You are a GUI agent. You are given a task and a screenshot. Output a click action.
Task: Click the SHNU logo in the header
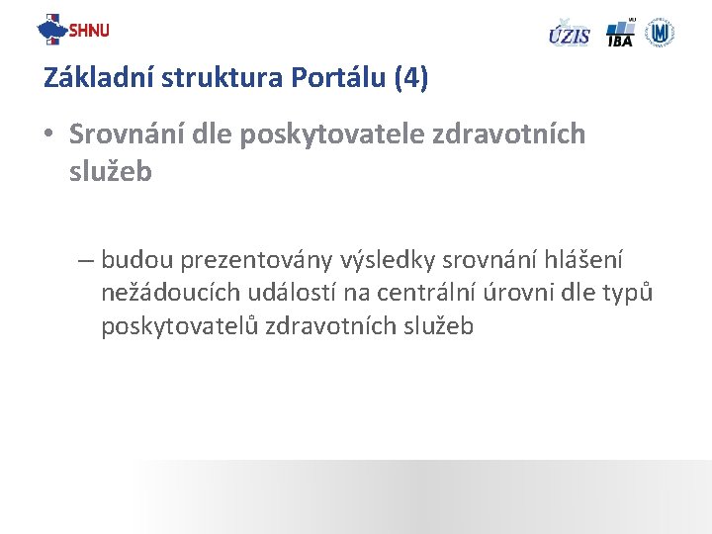73,30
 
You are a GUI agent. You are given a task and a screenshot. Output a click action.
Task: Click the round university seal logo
660,32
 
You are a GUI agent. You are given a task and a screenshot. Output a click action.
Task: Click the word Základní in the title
90,78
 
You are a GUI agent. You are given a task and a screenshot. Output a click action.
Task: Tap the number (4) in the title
410,78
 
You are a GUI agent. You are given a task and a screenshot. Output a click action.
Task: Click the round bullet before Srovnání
50,134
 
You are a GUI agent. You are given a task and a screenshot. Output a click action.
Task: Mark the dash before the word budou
85,260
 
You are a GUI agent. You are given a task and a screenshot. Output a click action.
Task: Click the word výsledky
388,260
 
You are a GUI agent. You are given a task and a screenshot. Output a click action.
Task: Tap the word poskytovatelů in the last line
179,326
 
